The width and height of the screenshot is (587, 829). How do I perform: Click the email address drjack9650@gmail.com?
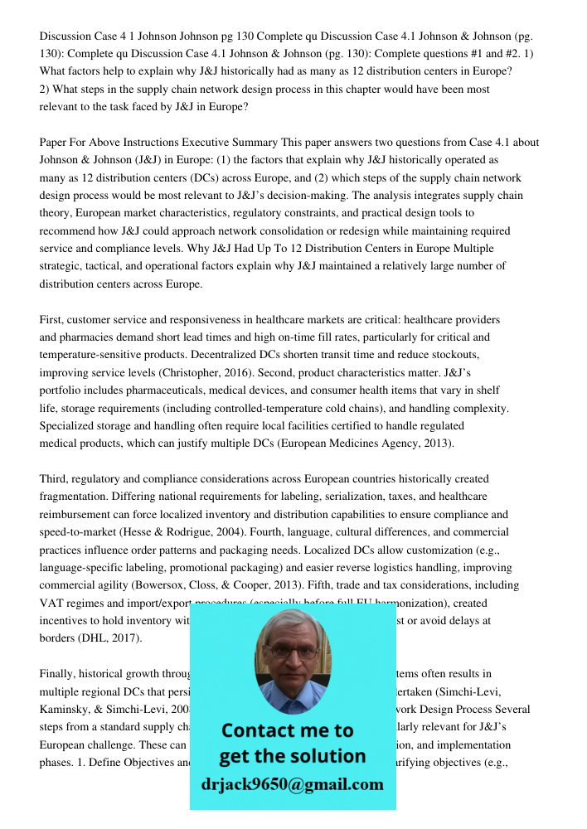point(292,784)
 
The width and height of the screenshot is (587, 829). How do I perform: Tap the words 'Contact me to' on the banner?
point(287,730)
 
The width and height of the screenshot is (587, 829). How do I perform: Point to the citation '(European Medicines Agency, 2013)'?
point(366,444)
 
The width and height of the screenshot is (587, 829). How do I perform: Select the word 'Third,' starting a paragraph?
point(56,479)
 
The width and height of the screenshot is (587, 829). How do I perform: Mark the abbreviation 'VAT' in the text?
point(51,603)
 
